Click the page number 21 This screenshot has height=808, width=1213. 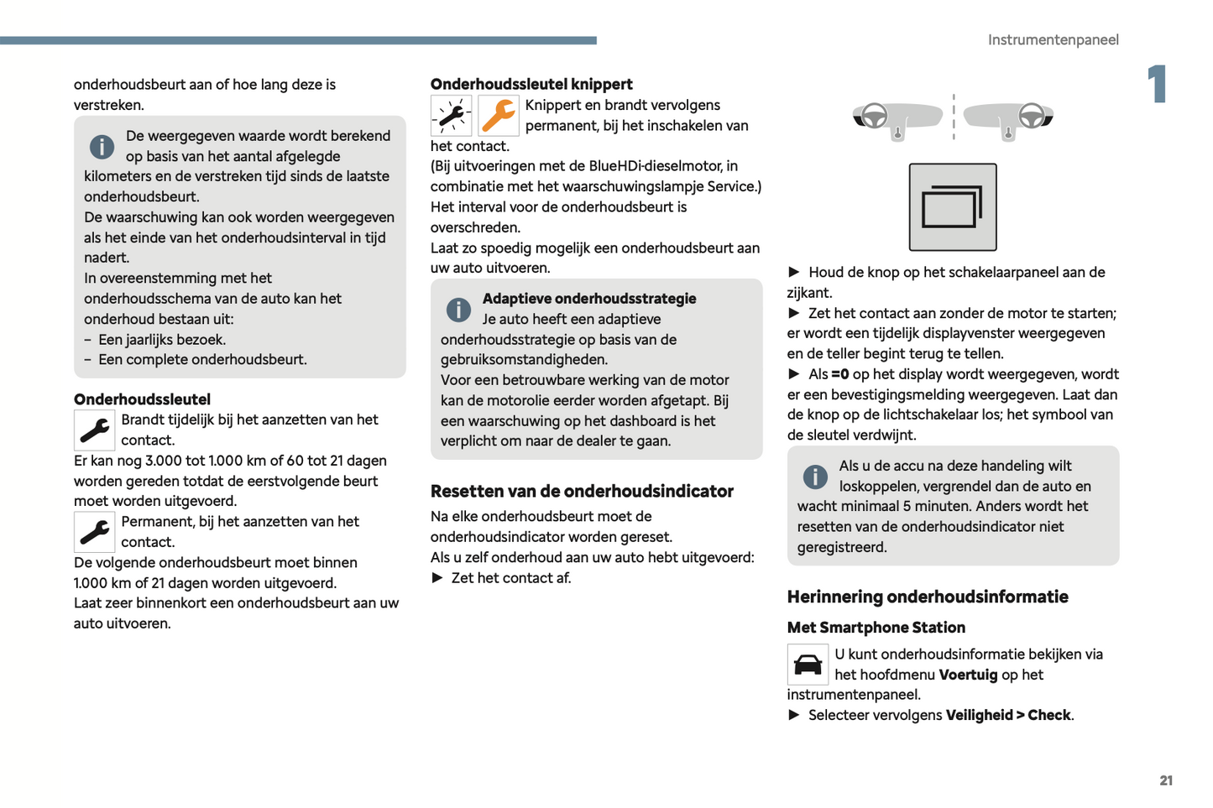1166,780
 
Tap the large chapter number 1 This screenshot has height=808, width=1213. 1158,84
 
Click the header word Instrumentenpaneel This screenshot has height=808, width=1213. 1053,39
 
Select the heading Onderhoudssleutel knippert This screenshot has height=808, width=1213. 531,84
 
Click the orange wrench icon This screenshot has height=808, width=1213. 499,116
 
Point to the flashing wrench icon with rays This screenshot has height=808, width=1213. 452,116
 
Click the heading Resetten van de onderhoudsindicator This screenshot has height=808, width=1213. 582,491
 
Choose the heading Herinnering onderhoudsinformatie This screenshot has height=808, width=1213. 928,597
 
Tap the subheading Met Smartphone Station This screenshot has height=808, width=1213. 876,628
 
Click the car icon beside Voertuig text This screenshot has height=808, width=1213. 808,665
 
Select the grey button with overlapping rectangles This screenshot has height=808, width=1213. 953,207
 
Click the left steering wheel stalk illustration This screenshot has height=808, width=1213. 897,117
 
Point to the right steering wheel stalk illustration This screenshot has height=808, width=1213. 1009,117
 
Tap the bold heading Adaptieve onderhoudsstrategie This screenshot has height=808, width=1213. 589,299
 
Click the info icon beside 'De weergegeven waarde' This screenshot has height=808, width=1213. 102,147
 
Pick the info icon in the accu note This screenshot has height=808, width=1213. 815,477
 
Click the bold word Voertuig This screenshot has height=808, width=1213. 968,675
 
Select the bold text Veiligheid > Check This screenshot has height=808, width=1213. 1008,715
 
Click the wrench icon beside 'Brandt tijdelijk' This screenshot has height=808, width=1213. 95,430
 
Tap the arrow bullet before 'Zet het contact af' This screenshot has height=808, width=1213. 437,577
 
